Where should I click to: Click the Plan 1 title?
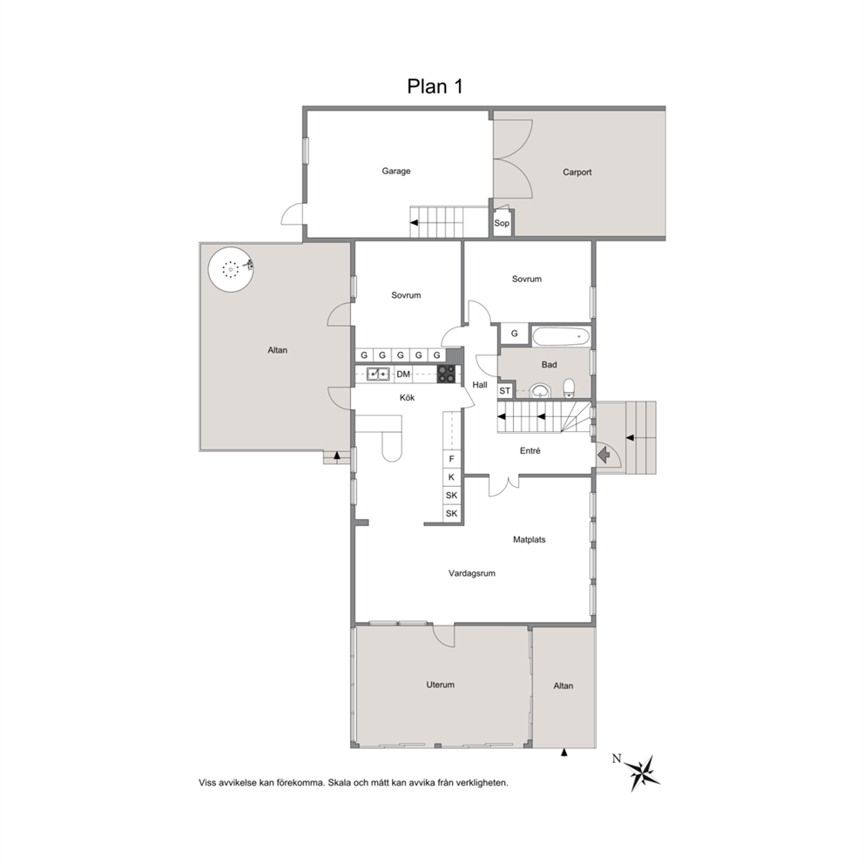coord(435,86)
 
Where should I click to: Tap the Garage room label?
coord(396,171)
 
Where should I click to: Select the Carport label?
coord(577,172)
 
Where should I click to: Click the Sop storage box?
coord(502,223)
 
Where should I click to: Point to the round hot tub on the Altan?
coord(231,269)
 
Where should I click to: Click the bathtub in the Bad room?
coord(561,336)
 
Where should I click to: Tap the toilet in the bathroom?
coord(570,388)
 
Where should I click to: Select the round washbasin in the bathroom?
coord(541,391)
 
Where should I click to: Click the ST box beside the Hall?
coord(505,391)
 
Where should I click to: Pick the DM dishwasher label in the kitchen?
coord(403,375)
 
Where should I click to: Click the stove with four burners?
coord(447,375)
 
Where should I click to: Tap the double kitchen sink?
coord(378,375)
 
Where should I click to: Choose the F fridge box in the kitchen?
coord(452,459)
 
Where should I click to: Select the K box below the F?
coord(452,477)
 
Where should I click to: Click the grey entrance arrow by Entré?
coord(604,455)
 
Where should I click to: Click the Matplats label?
coord(529,539)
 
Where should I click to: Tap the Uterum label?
coord(440,685)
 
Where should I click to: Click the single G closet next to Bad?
coord(515,334)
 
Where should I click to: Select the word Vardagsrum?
coord(472,573)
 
